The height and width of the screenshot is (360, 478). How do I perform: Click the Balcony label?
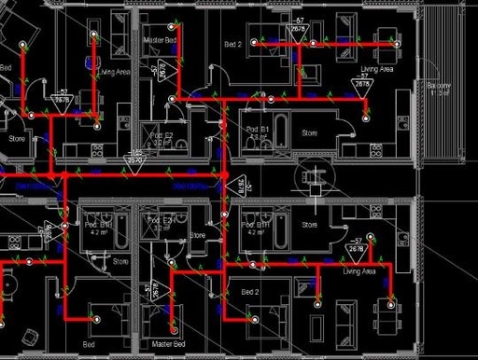tap(439, 89)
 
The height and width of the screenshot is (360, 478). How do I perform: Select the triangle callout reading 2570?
tap(135, 159)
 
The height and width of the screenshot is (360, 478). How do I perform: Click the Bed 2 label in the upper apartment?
tap(233, 44)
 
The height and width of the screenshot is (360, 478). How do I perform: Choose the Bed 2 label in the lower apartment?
tap(251, 292)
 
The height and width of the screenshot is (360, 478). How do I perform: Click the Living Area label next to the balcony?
tap(377, 69)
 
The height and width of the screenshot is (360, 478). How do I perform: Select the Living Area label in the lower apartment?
tap(358, 271)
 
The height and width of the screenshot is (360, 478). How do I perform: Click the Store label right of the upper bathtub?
tap(309, 133)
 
